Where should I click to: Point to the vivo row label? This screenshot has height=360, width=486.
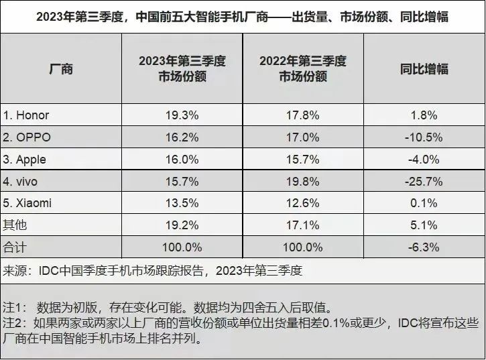coord(22,181)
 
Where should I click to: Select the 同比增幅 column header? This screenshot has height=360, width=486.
coord(424,69)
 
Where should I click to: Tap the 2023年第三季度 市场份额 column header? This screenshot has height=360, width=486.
coord(182,69)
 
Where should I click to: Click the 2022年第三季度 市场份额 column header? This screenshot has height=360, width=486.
coord(303,69)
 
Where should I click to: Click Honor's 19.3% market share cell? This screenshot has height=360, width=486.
coord(182,115)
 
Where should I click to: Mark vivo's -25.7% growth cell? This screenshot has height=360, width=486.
coord(424,181)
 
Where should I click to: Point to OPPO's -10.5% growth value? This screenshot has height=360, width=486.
coord(424,137)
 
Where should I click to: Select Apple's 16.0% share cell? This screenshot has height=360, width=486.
coord(182,159)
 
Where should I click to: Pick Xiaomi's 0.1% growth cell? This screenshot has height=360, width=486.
coord(424,203)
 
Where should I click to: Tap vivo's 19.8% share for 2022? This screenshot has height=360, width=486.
coord(303,181)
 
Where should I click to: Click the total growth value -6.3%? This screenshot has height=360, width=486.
coord(424,247)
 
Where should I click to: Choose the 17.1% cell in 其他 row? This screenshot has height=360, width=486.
coord(303,225)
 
